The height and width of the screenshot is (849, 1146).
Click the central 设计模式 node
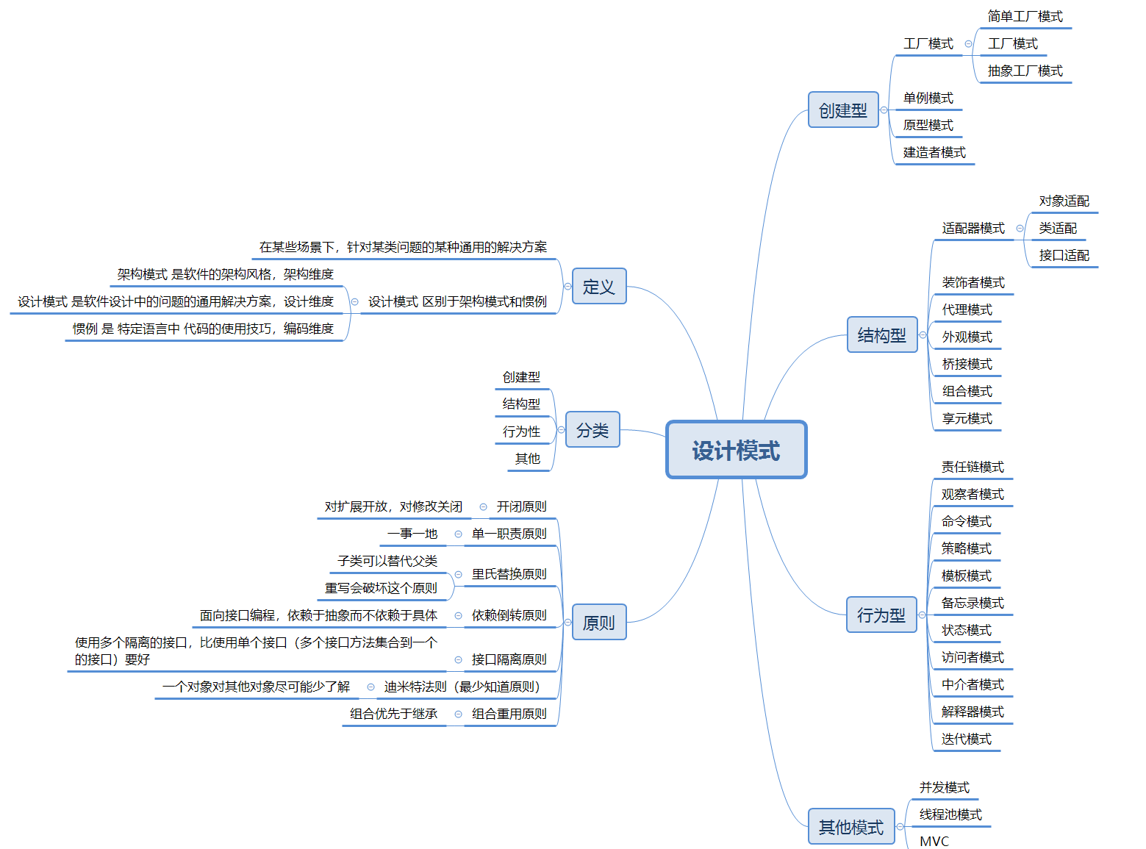(x=736, y=450)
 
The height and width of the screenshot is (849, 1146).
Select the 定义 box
(x=598, y=286)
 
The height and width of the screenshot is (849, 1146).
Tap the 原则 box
(x=598, y=623)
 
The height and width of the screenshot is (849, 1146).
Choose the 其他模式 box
(x=850, y=827)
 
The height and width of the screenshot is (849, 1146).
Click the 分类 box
(x=592, y=430)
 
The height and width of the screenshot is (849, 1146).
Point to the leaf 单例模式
(x=928, y=98)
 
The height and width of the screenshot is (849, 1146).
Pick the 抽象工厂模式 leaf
(x=1025, y=71)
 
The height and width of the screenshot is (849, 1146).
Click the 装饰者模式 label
(x=973, y=282)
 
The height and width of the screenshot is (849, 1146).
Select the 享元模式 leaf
(x=967, y=418)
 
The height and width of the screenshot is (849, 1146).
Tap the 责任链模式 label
(x=973, y=467)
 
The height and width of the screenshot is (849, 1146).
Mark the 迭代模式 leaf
(x=966, y=739)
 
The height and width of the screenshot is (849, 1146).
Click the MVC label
(x=934, y=841)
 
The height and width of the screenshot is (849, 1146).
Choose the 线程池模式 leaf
(x=950, y=814)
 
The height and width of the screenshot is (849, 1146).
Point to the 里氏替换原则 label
(x=509, y=574)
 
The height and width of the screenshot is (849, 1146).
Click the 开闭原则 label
(x=521, y=506)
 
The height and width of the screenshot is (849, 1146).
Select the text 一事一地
(x=412, y=534)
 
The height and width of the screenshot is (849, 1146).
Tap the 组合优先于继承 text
(x=393, y=714)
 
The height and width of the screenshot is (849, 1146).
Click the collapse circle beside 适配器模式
(x=1020, y=229)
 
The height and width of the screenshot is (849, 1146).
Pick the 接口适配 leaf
(x=1064, y=255)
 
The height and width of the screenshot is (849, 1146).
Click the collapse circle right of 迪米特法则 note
(x=370, y=687)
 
